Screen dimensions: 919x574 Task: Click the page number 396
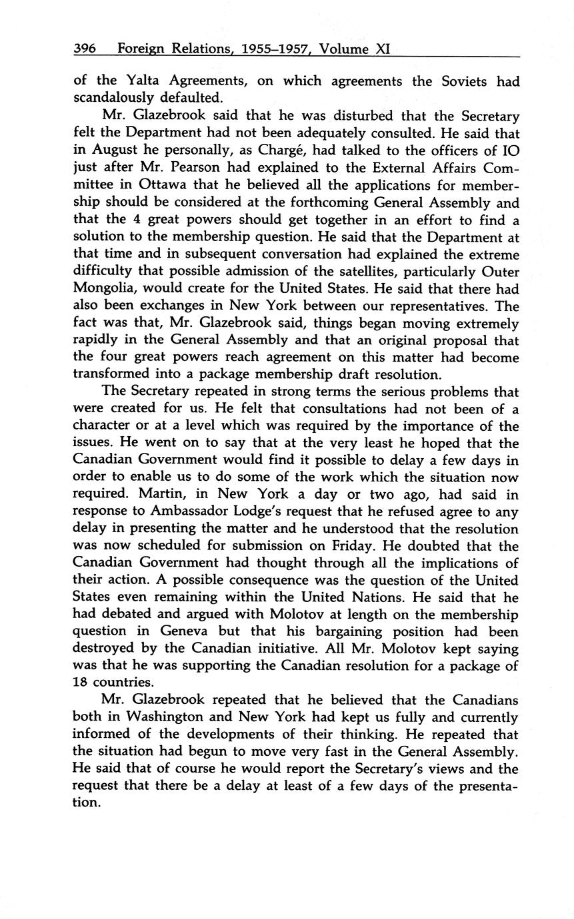(85, 49)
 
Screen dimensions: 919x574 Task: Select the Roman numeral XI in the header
(384, 49)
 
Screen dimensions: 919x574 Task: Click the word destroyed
(107, 649)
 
